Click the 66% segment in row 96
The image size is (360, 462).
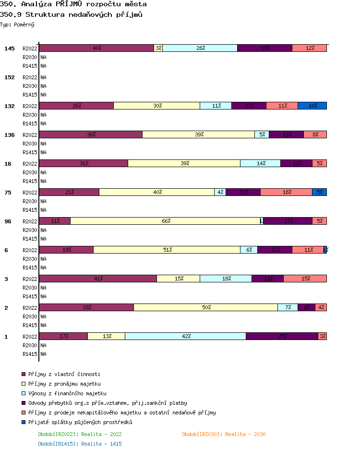coord(166,221)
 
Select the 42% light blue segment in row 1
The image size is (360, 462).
coord(185,336)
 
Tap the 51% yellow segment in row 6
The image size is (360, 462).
coord(167,250)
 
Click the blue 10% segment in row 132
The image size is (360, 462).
coord(312,106)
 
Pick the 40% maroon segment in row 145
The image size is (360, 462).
coord(96,48)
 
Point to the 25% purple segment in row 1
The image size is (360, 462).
coord(282,336)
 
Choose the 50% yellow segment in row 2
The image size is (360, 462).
coord(205,307)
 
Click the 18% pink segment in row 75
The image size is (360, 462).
coord(286,192)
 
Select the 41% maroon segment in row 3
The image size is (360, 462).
coord(98,279)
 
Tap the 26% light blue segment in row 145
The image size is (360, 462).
coord(200,48)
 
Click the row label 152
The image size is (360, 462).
coord(10,77)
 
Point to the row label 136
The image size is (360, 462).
coord(10,135)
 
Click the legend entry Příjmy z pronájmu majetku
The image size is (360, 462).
coord(64,384)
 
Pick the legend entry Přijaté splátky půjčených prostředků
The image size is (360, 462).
coord(80,422)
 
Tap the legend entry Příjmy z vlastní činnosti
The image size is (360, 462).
coord(64,374)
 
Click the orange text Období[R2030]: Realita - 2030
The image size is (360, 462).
coord(224,434)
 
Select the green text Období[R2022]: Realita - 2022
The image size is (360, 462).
coord(80,434)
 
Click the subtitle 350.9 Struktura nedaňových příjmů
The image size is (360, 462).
coord(71,14)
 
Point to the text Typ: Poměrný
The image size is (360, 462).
coord(17,24)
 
